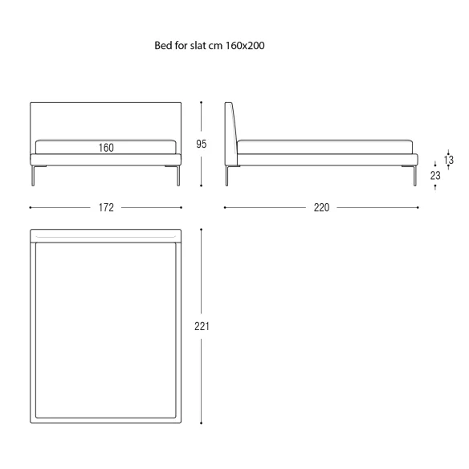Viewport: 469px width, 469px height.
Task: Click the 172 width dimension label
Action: [106, 207]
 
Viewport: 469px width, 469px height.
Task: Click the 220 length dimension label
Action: [321, 207]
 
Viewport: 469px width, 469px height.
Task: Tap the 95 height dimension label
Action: [202, 144]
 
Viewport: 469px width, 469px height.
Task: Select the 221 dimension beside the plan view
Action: [202, 326]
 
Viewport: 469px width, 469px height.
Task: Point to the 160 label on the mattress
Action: [106, 148]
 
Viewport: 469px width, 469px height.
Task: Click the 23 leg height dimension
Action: [435, 176]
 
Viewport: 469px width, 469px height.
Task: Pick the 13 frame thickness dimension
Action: [449, 160]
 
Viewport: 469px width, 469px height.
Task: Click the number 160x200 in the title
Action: [245, 46]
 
